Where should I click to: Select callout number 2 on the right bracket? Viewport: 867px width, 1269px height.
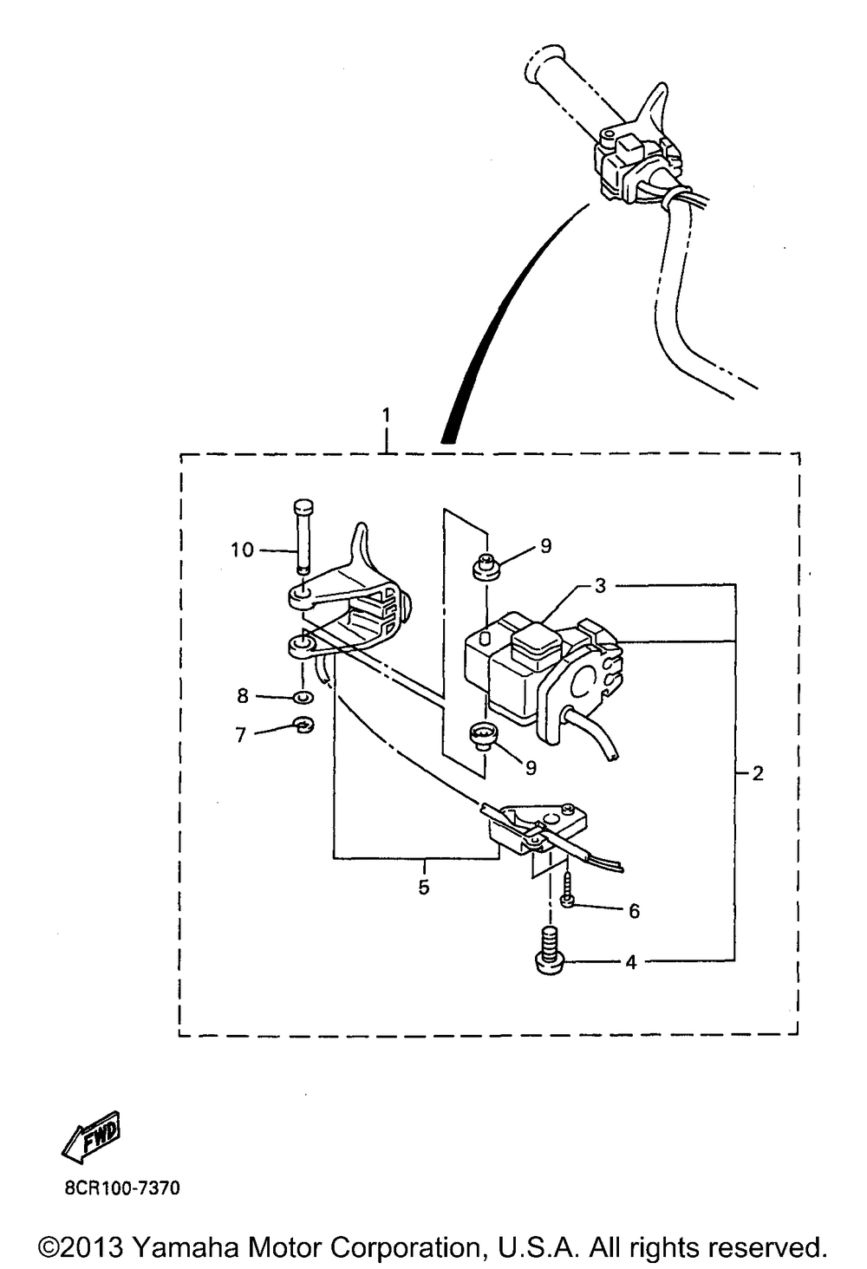coord(758,772)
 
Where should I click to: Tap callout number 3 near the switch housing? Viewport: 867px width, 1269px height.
coord(600,586)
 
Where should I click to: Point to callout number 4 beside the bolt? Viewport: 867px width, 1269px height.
coord(631,961)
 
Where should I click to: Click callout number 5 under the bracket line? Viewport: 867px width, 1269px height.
coord(424,887)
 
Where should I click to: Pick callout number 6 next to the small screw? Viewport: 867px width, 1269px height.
coord(634,911)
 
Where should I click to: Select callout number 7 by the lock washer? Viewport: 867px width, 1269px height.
coord(241,735)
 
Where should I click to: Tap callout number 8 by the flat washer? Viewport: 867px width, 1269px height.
coord(243,695)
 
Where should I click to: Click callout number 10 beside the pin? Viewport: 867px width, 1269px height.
coord(242,550)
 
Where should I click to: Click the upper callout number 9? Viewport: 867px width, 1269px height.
coord(545,545)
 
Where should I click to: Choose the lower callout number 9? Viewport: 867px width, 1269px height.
coord(531,767)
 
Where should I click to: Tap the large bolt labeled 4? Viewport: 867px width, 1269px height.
coord(548,950)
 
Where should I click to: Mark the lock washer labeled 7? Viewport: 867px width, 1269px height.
coord(303,725)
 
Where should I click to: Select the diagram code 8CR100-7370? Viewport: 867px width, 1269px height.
coord(121,1188)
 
